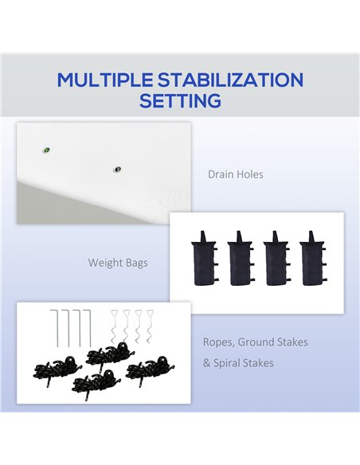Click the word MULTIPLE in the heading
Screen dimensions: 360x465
coord(105,80)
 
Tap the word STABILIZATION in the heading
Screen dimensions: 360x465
coord(230,80)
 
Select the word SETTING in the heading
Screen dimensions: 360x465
coord(180,101)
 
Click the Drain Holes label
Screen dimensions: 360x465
coord(236,174)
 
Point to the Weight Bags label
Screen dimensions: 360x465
coord(118,263)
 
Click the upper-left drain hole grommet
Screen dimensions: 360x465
coord(46,150)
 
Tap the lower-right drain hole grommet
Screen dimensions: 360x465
coord(117,170)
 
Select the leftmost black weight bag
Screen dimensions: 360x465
coord(204,259)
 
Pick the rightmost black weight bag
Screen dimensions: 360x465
coord(312,259)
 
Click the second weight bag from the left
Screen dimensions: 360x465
coord(241,259)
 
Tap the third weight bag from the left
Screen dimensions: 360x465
coord(276,259)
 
